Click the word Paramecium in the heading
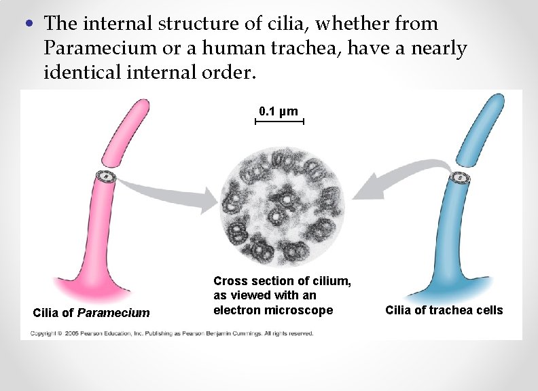[x=92, y=48]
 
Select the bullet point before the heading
[x=28, y=24]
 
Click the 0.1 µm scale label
[x=279, y=111]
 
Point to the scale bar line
[x=279, y=122]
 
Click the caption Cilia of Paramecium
[x=91, y=313]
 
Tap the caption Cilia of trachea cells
[x=444, y=310]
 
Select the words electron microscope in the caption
[x=273, y=310]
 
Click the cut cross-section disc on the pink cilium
[x=107, y=178]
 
